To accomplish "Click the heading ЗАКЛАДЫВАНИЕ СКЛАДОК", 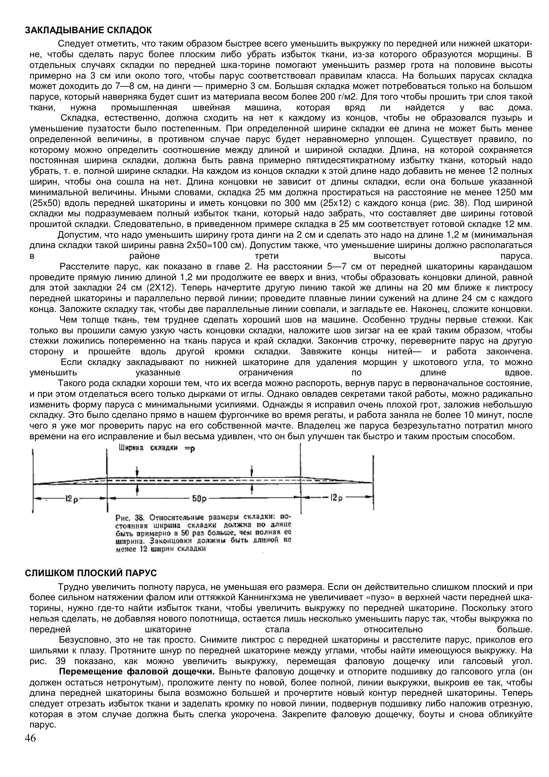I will point(88,30).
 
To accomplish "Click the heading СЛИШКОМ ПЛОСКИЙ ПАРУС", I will point(91,573).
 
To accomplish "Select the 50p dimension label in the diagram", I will point(199,498).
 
